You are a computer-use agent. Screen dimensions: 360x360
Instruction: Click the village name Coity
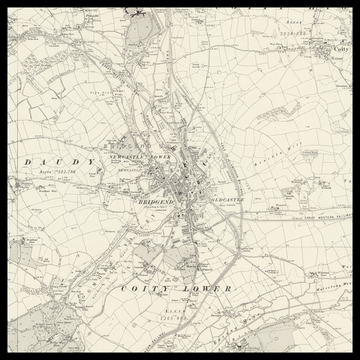341,48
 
